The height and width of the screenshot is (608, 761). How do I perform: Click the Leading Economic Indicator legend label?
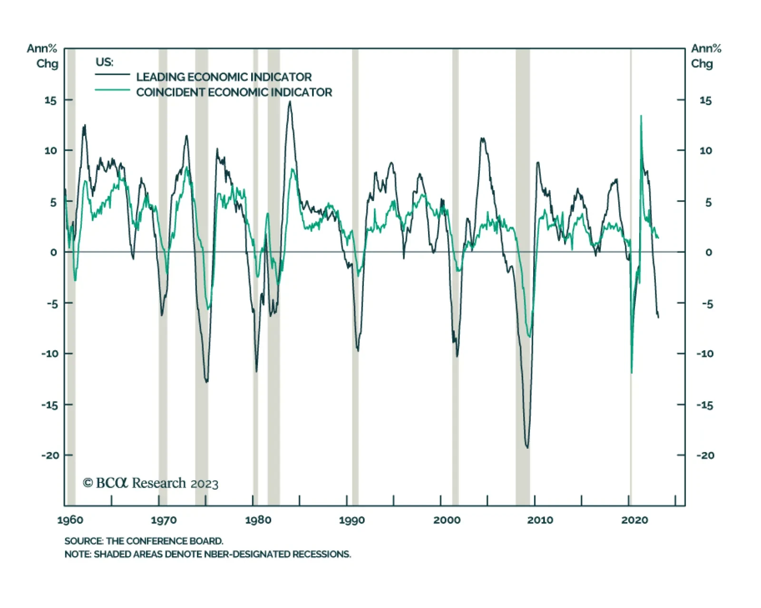[224, 77]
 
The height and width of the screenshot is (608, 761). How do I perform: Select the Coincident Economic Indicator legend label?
[234, 92]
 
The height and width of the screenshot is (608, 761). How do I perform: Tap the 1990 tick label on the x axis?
[351, 520]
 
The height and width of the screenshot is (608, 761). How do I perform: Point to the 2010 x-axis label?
[540, 520]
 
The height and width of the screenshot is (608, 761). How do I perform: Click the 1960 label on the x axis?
[70, 520]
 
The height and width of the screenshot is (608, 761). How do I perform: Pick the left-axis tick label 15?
[50, 100]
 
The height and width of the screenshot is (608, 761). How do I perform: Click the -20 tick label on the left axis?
[50, 455]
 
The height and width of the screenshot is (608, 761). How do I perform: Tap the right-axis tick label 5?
[708, 202]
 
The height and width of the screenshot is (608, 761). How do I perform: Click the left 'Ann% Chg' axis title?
[43, 56]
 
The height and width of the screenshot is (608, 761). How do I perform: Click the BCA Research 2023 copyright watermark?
[150, 483]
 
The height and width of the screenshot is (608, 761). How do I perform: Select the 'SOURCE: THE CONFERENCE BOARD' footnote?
[144, 541]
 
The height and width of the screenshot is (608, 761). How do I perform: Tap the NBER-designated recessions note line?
[207, 554]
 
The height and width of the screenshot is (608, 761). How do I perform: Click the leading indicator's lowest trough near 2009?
[527, 447]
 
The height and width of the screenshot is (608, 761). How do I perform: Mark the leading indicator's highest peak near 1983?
[290, 102]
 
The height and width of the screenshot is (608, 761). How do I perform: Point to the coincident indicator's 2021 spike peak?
[641, 116]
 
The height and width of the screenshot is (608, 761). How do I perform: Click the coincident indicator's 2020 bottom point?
[632, 373]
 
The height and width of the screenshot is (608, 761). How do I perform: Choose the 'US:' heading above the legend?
[104, 62]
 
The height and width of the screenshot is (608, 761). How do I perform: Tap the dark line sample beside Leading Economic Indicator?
[112, 75]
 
